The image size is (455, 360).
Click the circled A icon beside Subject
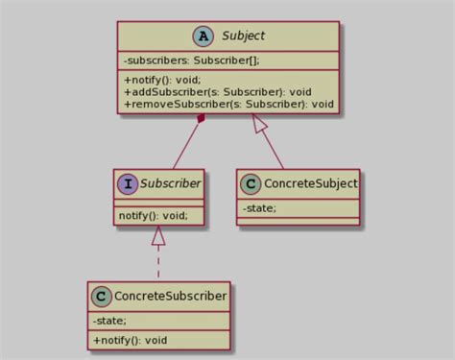203,36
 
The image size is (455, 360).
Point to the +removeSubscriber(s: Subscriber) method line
228,104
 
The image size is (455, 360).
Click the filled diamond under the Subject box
201,119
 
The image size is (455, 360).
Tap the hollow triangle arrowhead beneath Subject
257,122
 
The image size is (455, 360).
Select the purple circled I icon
128,181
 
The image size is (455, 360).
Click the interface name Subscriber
169,181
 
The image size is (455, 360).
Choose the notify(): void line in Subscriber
153,215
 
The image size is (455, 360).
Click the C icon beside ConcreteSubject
252,182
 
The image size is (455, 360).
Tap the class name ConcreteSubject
309,182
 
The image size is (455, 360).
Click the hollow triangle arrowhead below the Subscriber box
157,233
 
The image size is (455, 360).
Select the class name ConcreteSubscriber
170,297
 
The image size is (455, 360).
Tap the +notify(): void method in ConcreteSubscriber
130,340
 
